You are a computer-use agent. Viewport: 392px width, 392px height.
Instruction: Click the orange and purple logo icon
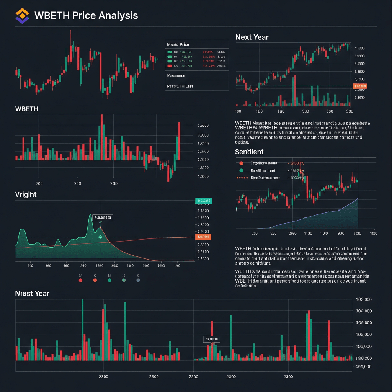coord(22,16)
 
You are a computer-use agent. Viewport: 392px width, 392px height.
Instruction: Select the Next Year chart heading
coord(252,37)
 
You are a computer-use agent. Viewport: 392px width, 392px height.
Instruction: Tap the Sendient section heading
coord(249,152)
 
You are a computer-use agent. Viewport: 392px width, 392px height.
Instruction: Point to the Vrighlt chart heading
coord(26,194)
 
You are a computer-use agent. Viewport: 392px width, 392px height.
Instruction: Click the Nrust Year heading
coord(32,294)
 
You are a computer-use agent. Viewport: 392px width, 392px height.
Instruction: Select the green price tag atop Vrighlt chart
coord(203,201)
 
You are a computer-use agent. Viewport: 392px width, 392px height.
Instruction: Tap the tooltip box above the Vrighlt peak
coord(103,217)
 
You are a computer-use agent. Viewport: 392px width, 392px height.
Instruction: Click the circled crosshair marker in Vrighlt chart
coord(100,237)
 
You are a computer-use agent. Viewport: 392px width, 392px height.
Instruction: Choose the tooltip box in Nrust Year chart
coord(211,339)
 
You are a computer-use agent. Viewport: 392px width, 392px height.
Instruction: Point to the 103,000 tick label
coord(364,300)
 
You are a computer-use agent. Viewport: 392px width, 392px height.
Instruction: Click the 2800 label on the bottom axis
coord(231,377)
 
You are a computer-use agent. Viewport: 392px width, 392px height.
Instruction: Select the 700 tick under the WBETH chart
coord(39,183)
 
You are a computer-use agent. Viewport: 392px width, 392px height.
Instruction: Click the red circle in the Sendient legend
coord(241,163)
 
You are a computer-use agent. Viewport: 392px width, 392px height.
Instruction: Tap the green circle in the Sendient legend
coord(241,170)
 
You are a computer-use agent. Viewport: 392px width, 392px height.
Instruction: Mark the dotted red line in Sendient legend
coord(242,178)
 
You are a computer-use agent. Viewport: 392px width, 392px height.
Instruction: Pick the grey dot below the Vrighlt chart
coord(138,280)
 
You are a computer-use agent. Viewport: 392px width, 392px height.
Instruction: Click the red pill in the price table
coord(170,66)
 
